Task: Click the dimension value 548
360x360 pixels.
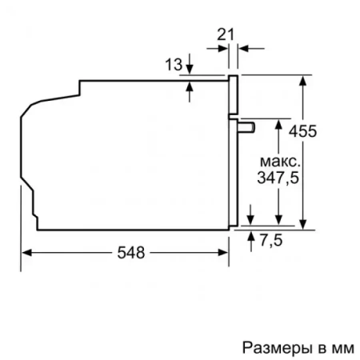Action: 128,253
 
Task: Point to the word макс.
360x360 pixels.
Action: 277,159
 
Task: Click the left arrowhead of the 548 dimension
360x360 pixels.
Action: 26,253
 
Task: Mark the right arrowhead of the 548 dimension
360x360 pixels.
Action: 224,253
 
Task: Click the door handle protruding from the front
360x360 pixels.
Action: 246,125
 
